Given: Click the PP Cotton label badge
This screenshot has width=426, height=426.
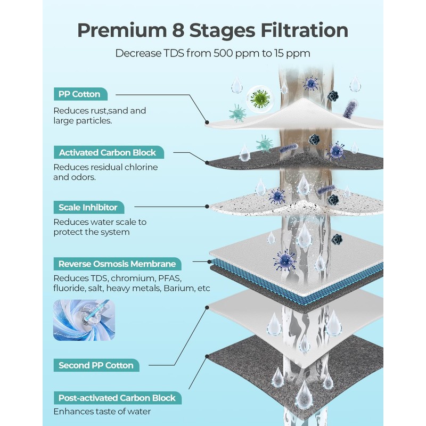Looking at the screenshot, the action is pos(80,94).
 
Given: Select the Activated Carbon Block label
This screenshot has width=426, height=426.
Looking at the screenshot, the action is pos(109,152).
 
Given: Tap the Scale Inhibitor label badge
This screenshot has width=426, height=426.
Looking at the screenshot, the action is pos(89,207).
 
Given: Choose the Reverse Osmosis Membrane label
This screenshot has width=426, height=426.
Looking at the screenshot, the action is pos(117,264).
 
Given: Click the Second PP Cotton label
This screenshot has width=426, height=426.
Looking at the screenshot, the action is pos(96,365).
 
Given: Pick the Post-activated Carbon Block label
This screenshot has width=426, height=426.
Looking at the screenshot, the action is pos(118,398).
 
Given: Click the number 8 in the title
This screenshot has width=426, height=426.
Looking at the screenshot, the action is pos(178,30).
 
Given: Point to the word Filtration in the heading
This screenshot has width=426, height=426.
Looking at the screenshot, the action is pos(304,30).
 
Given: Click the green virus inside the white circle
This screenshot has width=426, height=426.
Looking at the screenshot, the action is pos(260,99).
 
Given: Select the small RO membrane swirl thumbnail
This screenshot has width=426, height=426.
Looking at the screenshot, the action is pos(84,320).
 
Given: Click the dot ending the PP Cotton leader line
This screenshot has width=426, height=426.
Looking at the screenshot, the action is pos(207,122).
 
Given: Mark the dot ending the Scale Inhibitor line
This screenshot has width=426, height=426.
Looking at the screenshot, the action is pos(207,207).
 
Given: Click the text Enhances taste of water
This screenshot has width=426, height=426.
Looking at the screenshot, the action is pos(102,412).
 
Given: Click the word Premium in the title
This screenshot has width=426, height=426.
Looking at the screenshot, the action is pos(122,30).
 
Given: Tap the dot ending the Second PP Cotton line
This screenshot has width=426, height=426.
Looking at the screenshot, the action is pos(207,308).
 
